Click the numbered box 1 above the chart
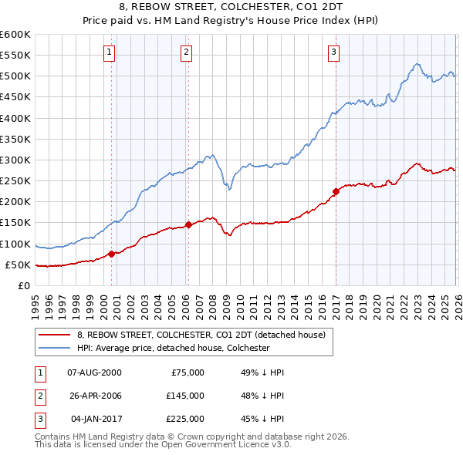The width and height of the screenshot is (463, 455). (x=109, y=52)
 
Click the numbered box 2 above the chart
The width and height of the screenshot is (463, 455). (x=187, y=52)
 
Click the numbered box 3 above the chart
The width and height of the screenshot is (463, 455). (x=333, y=52)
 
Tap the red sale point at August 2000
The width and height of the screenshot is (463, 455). (x=112, y=254)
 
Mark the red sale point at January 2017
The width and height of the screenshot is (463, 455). (x=336, y=191)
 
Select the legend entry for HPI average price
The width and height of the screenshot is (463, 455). (x=172, y=348)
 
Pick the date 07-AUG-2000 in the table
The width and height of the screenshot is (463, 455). (x=94, y=372)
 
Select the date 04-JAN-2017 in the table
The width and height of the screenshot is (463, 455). (x=94, y=419)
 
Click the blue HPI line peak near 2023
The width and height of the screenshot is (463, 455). (x=416, y=64)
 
